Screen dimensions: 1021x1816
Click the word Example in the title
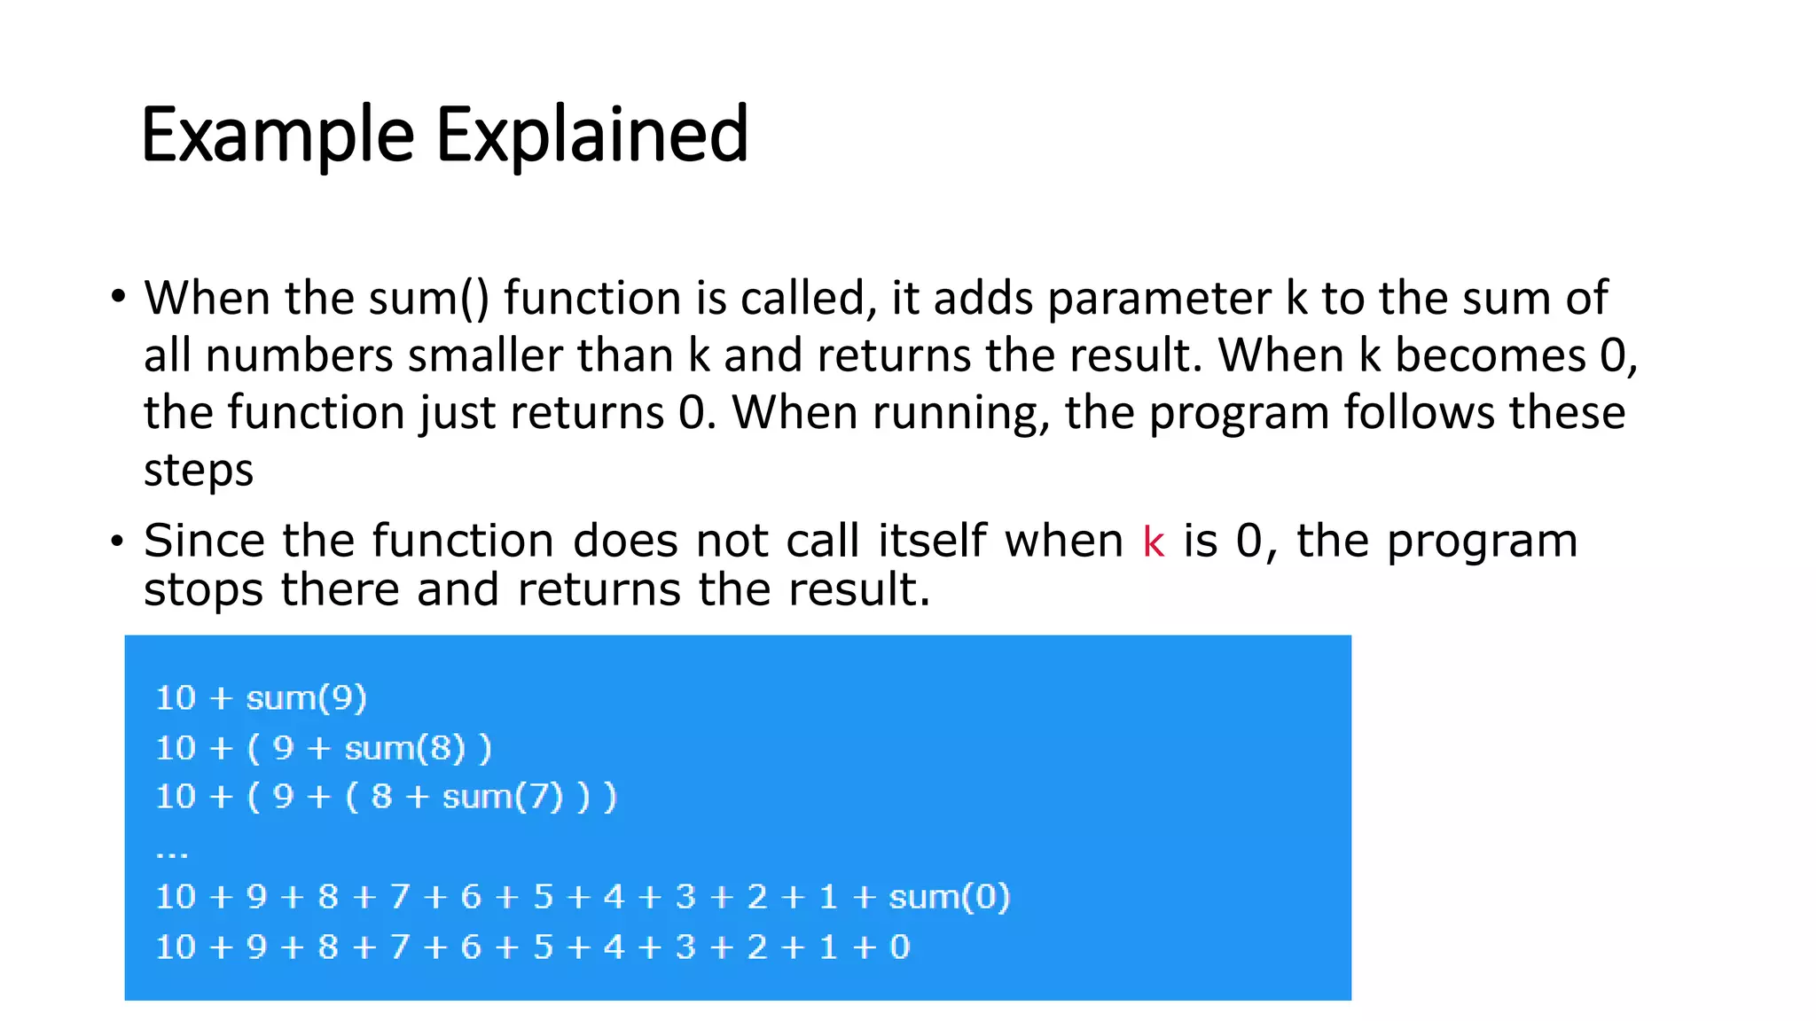(x=278, y=135)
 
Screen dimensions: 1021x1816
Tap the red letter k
(x=1153, y=542)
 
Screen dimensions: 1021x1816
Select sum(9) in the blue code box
(x=306, y=698)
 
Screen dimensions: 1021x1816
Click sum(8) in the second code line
(x=404, y=749)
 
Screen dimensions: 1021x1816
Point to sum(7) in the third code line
(x=503, y=797)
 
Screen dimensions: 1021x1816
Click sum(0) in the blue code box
(x=949, y=897)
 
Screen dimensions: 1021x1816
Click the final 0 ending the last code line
(x=899, y=947)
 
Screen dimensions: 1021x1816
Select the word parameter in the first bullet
(x=1159, y=298)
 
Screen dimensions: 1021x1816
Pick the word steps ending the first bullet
(x=199, y=470)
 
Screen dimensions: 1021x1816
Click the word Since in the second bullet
(x=204, y=541)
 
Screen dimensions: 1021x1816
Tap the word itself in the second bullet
(x=932, y=541)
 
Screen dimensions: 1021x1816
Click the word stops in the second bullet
(x=203, y=589)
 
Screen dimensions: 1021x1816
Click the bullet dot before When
(x=118, y=297)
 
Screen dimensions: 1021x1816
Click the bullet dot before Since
(x=118, y=541)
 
